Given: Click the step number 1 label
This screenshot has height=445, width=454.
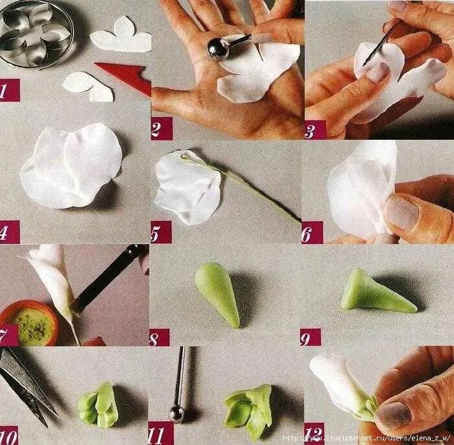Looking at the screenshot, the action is pos(10,90).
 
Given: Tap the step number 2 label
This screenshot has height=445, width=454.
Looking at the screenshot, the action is pos(161,128).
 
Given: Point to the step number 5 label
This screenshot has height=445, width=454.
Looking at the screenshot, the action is pos(161,232).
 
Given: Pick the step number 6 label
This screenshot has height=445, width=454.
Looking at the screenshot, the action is pos(312,233).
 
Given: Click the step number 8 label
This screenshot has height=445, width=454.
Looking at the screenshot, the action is pos(160,337).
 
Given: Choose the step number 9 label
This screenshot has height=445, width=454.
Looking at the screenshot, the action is pos(311,337).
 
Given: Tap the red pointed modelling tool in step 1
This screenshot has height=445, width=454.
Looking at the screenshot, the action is pos(126,77).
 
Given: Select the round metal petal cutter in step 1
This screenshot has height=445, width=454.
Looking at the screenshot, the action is pos(35,34).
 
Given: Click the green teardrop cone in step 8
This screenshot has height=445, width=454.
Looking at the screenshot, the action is pos(217,293).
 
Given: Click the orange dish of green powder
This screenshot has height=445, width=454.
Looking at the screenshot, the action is pos(29,323).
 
